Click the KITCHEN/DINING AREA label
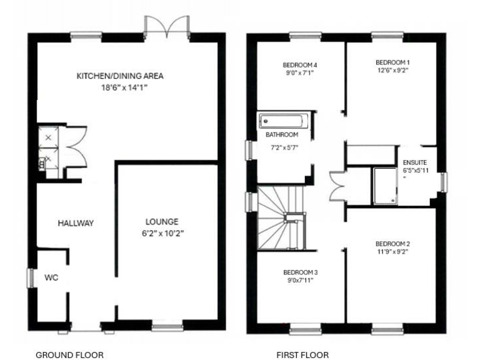point(120,76)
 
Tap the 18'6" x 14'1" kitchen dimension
point(121,88)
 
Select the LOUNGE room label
point(162,221)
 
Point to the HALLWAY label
point(76,223)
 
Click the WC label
point(51,277)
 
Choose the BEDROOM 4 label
point(301,64)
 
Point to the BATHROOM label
point(282,134)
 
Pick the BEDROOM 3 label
point(301,272)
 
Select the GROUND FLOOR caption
point(69,355)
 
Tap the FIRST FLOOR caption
point(302,355)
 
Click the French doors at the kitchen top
point(167,26)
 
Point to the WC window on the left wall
point(29,278)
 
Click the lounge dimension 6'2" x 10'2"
point(162,233)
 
